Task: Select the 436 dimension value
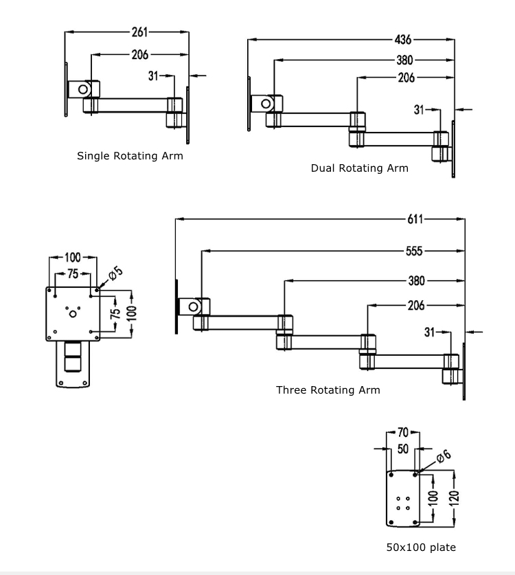[404, 39]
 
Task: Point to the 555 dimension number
[414, 251]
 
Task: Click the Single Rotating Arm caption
[130, 156]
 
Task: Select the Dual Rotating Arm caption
[359, 168]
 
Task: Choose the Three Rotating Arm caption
[328, 390]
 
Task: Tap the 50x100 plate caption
[420, 548]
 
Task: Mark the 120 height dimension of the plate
[454, 497]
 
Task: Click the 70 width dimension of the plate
[402, 433]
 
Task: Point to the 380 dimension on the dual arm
[404, 60]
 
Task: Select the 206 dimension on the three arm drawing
[416, 306]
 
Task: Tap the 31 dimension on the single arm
[154, 76]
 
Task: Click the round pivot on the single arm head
[83, 89]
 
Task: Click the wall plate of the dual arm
[453, 148]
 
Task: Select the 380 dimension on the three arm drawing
[416, 280]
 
